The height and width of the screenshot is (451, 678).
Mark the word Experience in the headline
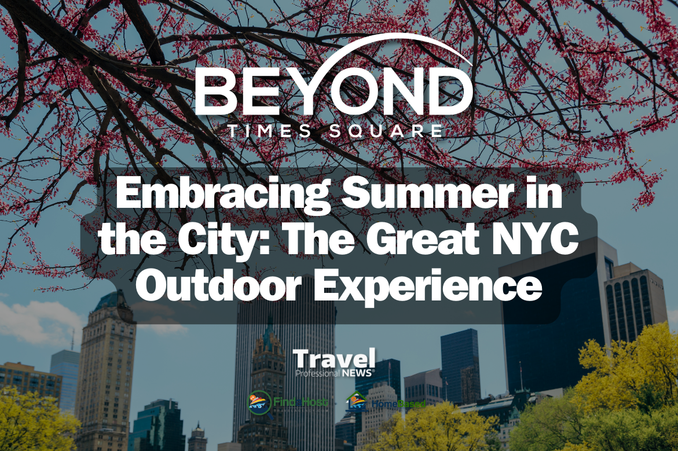pos(431,287)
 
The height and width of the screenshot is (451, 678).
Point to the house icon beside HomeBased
pos(356,401)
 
